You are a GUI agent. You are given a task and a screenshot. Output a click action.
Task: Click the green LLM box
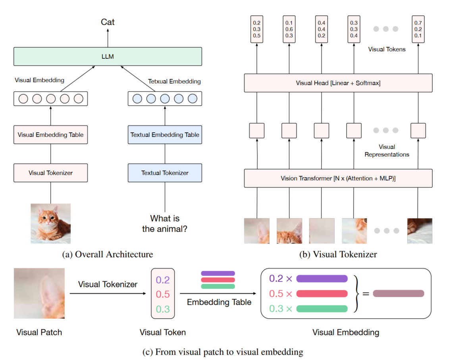108,56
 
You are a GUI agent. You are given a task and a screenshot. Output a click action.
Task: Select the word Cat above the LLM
108,22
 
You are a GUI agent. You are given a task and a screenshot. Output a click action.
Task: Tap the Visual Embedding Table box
50,135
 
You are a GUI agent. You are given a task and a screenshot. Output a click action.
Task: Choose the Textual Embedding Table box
165,135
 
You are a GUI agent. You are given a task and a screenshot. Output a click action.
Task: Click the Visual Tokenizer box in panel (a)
50,173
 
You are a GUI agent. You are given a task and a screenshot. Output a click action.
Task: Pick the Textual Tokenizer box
165,173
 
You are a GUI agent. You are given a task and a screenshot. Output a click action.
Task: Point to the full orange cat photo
51,223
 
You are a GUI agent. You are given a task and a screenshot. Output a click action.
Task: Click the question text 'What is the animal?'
165,224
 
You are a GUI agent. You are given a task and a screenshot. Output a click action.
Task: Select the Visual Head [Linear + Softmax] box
338,83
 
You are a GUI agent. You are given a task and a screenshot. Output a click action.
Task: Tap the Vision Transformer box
338,178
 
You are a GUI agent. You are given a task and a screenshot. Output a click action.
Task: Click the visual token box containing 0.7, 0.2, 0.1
418,29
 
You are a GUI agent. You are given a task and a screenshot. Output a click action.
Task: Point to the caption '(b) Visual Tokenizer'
338,254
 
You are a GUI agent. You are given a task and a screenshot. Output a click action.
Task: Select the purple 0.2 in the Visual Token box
163,280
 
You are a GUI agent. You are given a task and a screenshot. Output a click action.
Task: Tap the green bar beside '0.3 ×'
322,308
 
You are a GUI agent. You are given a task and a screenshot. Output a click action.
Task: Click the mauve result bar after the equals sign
398,294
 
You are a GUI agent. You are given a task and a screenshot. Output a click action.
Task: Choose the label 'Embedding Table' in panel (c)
219,302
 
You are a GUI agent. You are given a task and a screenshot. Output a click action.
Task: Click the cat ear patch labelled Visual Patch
39,293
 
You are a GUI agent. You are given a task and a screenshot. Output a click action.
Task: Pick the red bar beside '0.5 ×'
322,294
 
